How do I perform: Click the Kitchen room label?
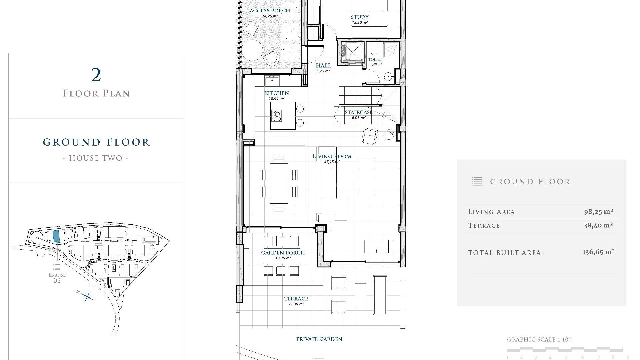pos(276,93)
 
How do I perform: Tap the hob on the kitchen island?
pos(277,115)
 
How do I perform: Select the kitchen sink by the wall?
pos(272,80)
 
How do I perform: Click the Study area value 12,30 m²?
pos(359,23)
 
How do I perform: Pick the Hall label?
pos(323,66)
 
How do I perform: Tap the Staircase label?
pos(358,112)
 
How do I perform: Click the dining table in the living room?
pos(279,183)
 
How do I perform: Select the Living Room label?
pos(332,156)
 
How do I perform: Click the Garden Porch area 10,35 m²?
pos(283,258)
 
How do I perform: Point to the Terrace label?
pos(296,299)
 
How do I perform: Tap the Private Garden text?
pos(319,339)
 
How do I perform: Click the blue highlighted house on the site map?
pos(56,236)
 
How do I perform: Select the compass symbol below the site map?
pos(87,296)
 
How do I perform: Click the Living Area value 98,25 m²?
pos(598,212)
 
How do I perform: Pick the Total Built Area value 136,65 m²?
pos(598,252)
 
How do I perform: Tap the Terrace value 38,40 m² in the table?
pos(598,225)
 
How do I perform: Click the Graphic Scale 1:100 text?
pos(539,340)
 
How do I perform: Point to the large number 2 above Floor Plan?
pos(96,75)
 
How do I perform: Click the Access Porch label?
pos(270,11)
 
